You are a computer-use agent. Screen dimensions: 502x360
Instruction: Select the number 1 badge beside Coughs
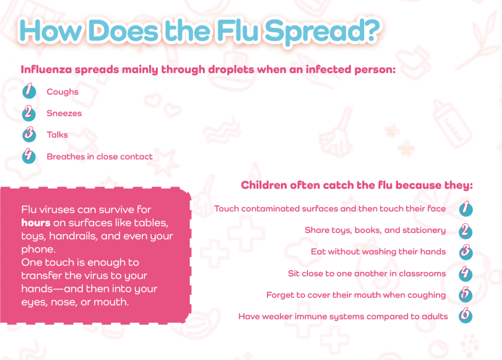click(x=29, y=91)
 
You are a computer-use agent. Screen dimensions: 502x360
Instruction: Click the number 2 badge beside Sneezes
click(x=29, y=113)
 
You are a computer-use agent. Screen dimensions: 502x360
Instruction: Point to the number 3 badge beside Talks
click(x=29, y=134)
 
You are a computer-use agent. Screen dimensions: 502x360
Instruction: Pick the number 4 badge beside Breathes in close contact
click(x=29, y=155)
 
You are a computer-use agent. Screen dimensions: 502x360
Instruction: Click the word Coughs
click(x=62, y=92)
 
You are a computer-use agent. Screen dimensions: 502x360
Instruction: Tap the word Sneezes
click(x=64, y=113)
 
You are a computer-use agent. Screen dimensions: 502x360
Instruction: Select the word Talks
click(x=57, y=135)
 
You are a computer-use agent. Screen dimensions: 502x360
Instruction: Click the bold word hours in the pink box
click(x=36, y=223)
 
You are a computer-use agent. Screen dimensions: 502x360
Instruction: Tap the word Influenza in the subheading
click(x=47, y=70)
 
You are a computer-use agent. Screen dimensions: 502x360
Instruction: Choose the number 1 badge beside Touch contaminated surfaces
click(x=466, y=208)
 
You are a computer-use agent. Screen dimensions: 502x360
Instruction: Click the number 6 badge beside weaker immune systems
click(x=466, y=315)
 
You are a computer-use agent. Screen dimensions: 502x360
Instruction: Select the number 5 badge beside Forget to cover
click(x=466, y=294)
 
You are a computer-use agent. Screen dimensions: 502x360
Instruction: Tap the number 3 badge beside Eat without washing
click(x=466, y=252)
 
